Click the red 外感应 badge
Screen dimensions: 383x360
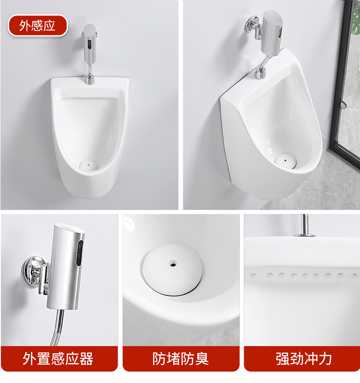[x=37, y=26]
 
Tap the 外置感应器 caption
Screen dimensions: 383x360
[x=58, y=358]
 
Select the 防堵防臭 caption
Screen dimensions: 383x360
[x=180, y=358]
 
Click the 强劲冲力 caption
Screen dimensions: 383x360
[x=303, y=358]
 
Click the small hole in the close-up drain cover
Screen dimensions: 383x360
[x=173, y=263]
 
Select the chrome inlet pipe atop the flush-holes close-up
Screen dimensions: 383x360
[x=304, y=225]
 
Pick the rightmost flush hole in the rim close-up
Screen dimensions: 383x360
[x=353, y=275]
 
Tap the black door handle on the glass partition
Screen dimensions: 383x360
[x=343, y=105]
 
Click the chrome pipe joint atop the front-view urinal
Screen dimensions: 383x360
[x=90, y=80]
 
